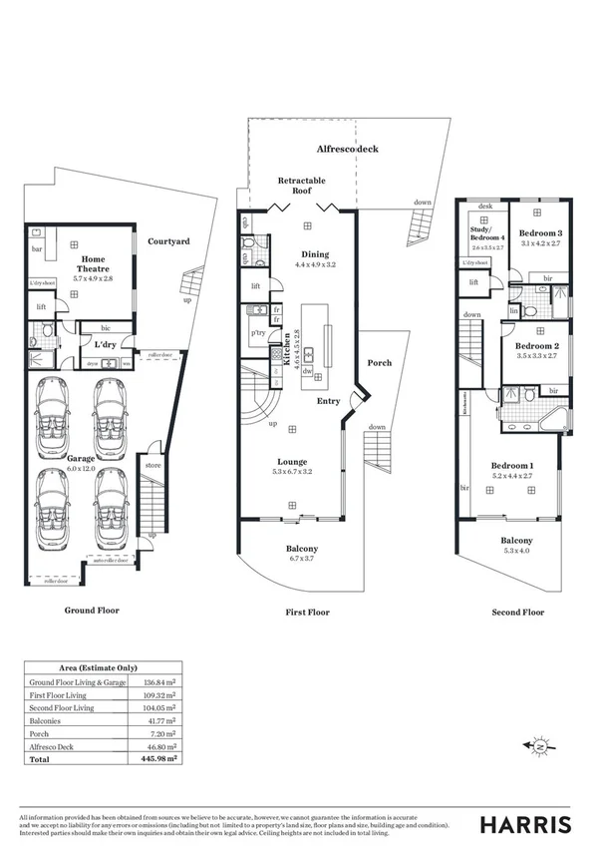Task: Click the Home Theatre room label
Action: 96,263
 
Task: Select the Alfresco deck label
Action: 347,149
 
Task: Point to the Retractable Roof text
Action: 301,186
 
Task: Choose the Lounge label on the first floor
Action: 292,461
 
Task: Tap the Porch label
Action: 379,363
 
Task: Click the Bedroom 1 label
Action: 512,466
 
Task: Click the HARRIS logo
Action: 526,824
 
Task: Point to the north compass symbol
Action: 539,745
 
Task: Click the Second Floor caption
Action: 519,613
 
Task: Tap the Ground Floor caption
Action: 94,609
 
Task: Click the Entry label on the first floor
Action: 328,400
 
